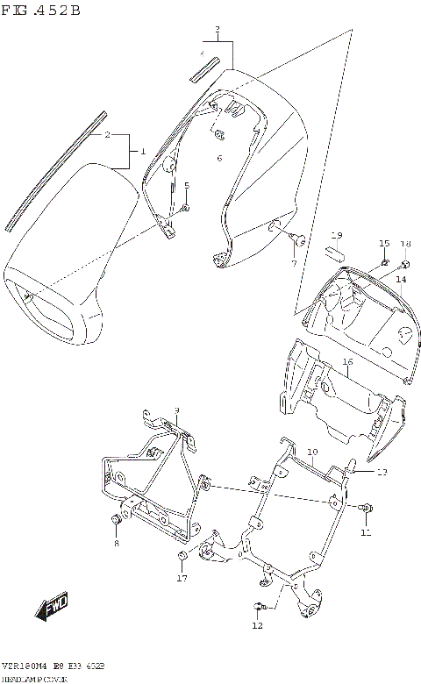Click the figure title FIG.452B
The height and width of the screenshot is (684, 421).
point(41,11)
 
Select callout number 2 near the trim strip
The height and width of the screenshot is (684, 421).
point(106,135)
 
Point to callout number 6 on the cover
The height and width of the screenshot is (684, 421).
point(219,158)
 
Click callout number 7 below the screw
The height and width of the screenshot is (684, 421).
point(294,262)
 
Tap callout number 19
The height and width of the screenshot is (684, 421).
point(335,235)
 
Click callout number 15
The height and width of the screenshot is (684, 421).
point(383,243)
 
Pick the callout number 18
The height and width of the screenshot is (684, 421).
point(405,243)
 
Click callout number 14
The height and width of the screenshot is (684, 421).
point(400,280)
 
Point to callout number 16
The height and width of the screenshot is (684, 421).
point(347,361)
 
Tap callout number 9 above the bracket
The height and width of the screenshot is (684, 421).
point(176,410)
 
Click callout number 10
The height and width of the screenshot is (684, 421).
point(311,452)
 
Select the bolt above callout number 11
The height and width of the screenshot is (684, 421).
point(366,508)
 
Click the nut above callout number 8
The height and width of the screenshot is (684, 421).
point(115,521)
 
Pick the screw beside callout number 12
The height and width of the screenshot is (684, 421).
point(258,606)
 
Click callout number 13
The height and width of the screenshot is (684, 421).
point(382,472)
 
